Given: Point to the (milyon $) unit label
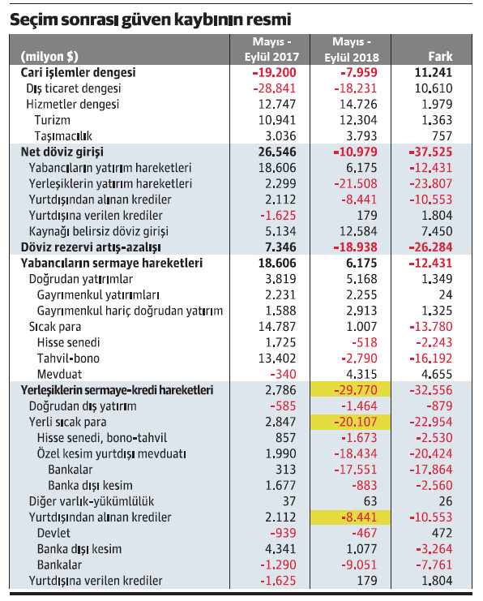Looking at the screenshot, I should tap(49, 57).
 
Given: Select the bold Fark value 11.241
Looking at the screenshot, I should tap(436, 72).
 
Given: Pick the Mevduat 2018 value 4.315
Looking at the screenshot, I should tap(363, 374).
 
